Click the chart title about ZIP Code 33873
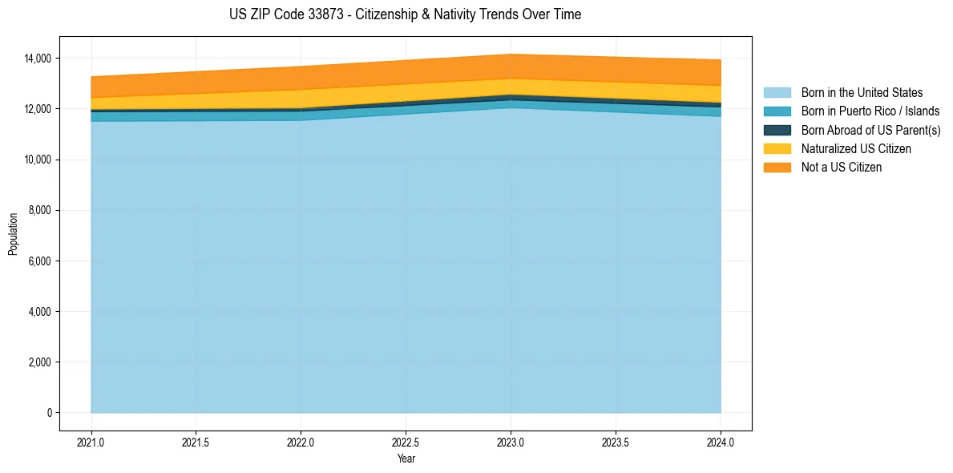405,14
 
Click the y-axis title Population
13,234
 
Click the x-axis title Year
406,459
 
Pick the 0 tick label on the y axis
49,413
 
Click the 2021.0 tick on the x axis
91,442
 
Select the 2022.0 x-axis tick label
301,442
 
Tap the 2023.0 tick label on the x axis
511,442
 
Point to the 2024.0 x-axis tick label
721,442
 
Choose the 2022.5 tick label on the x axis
406,442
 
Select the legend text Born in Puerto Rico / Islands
870,111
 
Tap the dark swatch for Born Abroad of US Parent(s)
777,130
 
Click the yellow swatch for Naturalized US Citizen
777,148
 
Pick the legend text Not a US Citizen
841,168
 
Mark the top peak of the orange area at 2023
511,55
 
